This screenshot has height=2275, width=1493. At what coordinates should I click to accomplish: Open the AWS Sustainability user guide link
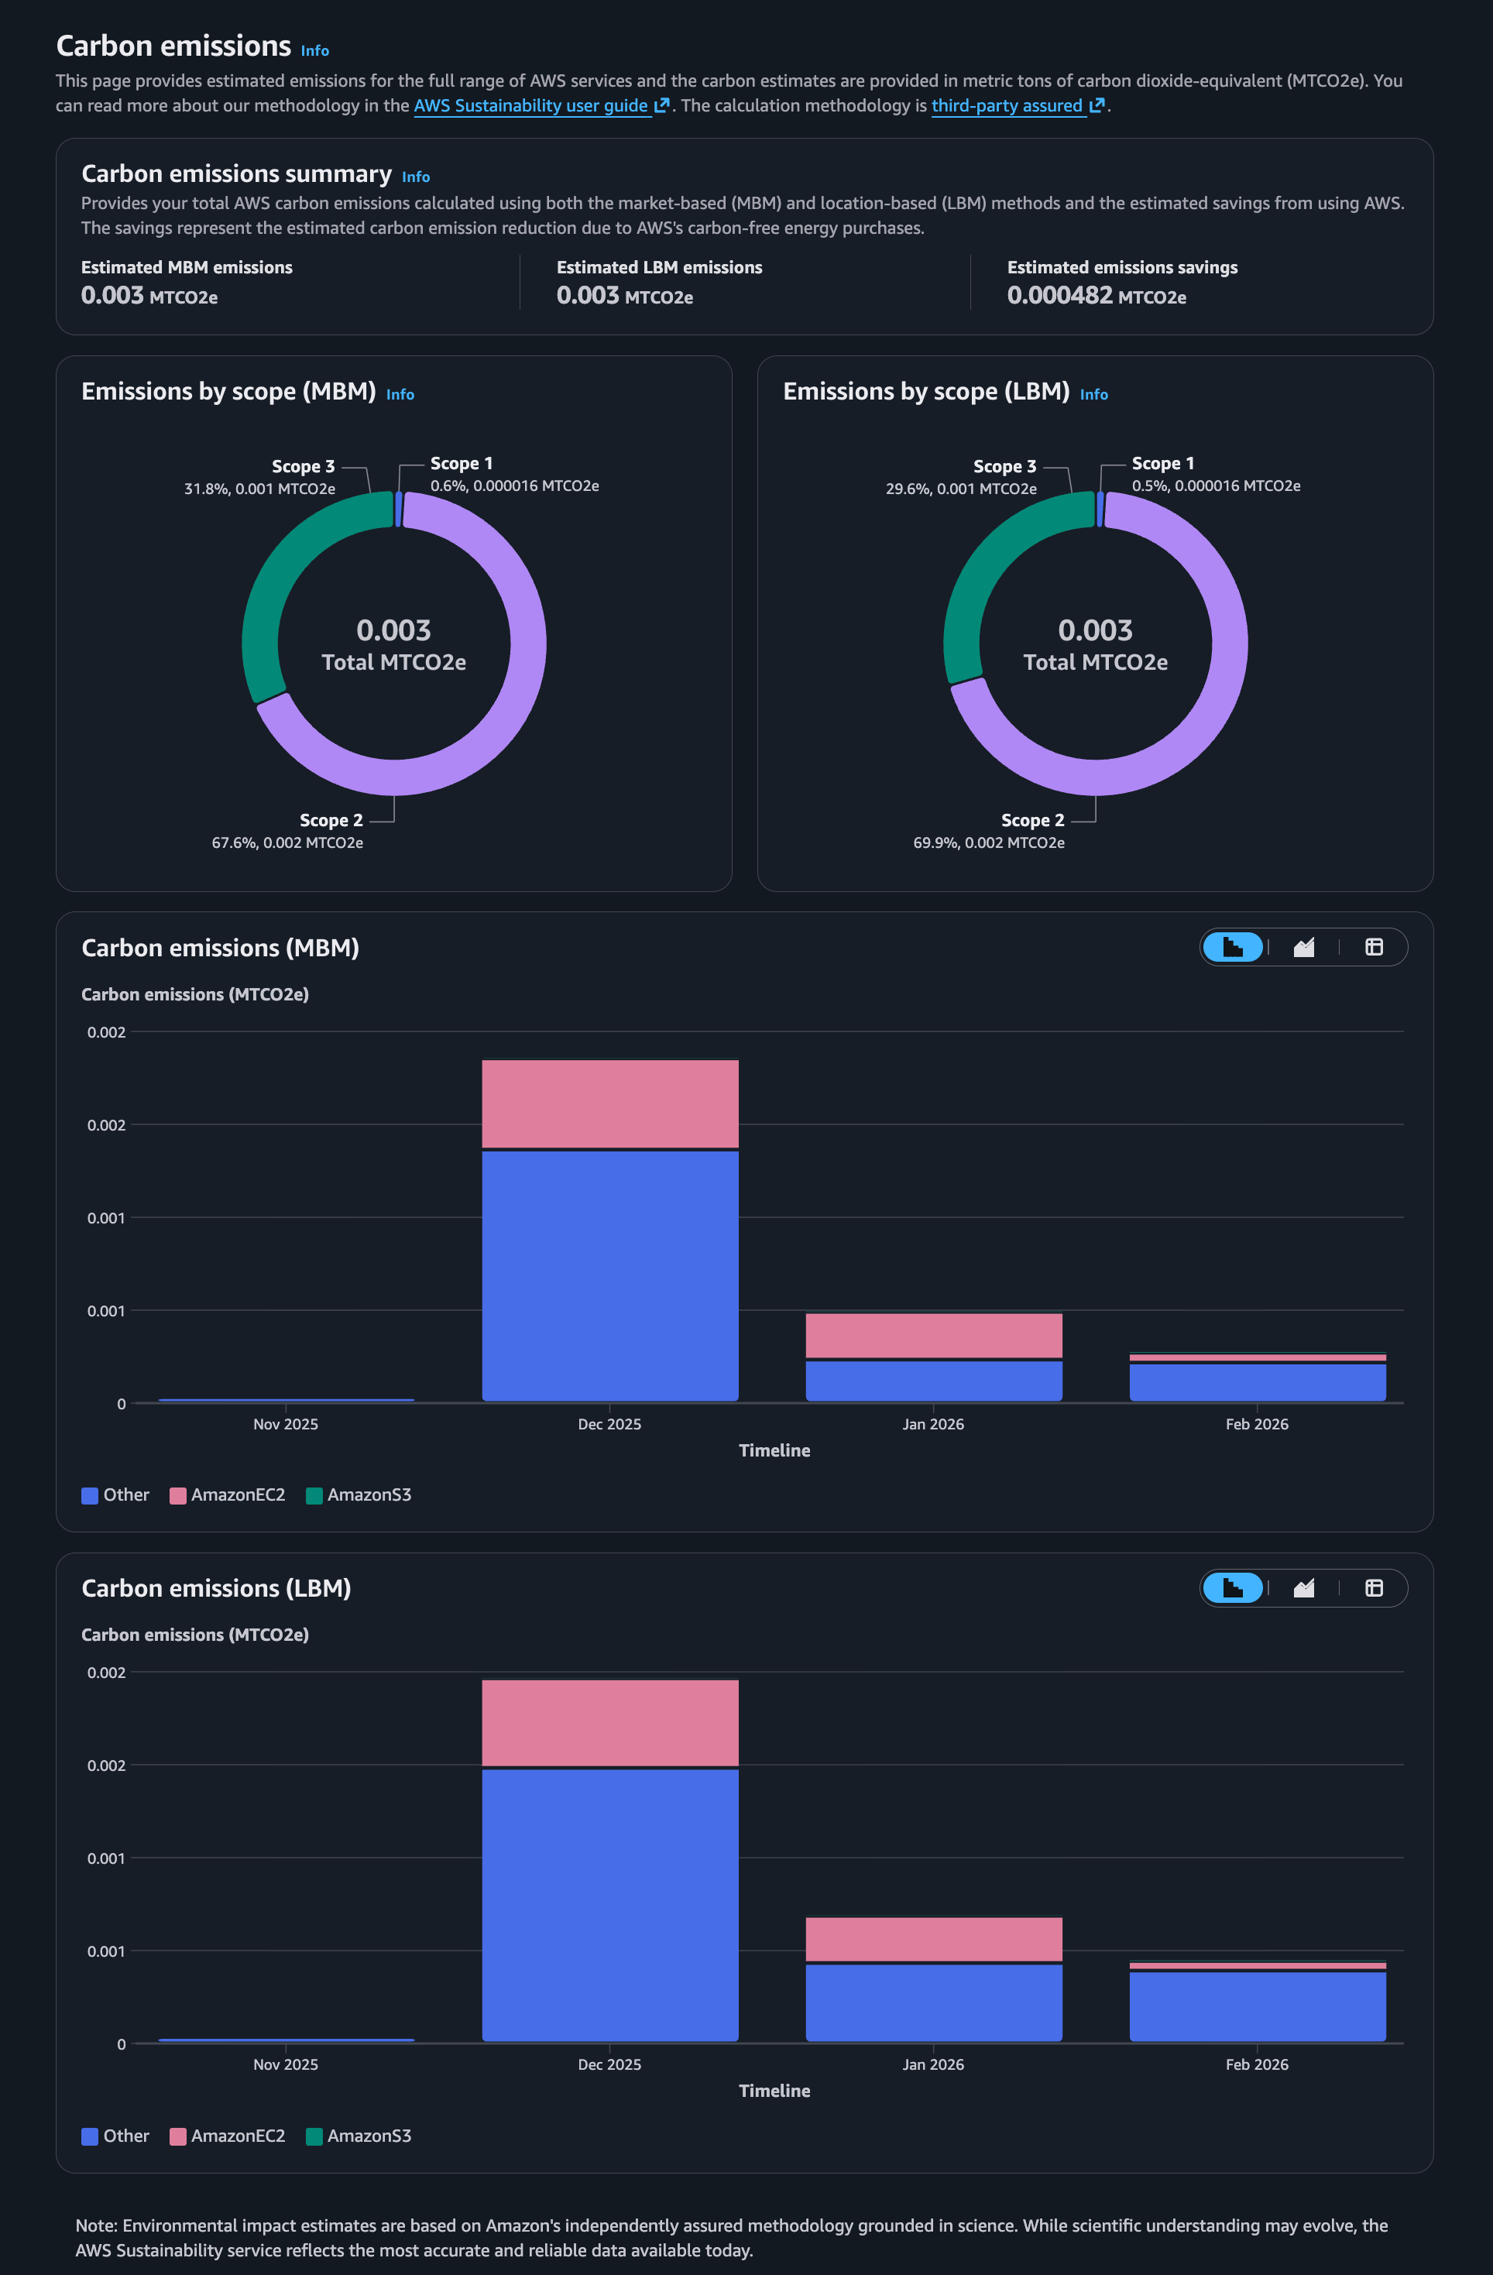point(531,106)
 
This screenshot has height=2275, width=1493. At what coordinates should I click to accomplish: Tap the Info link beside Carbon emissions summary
point(416,177)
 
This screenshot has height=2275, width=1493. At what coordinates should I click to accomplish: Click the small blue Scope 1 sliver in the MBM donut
point(399,510)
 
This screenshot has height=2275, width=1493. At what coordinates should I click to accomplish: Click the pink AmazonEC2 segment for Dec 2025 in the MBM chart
point(609,1103)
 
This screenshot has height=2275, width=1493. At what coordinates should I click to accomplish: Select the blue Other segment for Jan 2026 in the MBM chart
point(933,1381)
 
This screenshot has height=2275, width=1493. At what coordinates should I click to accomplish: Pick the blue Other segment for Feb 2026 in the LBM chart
point(1257,2005)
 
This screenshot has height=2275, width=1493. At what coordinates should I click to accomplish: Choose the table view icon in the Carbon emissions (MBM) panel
point(1374,947)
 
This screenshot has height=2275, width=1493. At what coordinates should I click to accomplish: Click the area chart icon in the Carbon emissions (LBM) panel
point(1304,1587)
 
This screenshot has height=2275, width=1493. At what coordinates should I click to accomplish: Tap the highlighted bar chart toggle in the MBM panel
point(1232,947)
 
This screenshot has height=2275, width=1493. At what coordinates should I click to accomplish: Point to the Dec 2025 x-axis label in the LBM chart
point(609,2064)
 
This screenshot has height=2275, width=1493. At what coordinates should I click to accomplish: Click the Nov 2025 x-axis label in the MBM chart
point(286,1424)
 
